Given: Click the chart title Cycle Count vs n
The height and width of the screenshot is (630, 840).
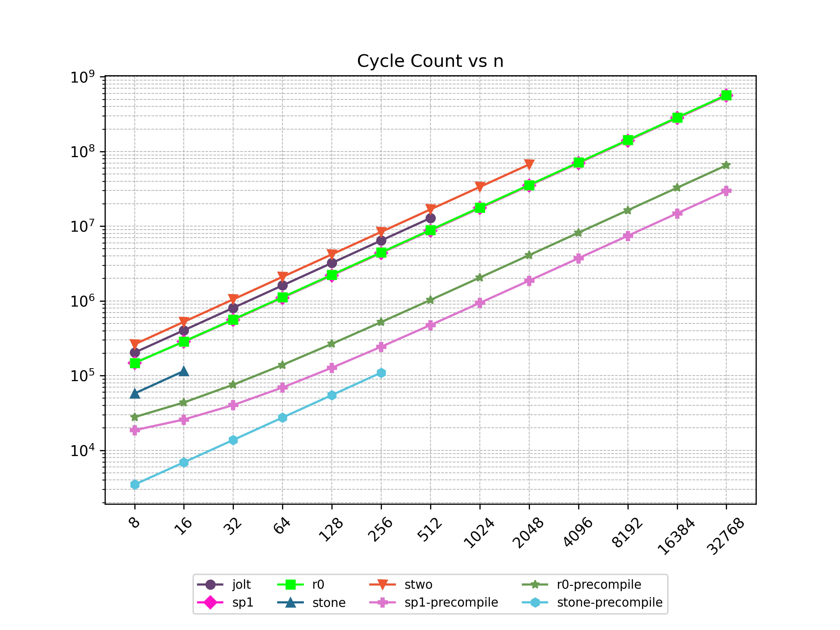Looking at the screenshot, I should click(430, 61).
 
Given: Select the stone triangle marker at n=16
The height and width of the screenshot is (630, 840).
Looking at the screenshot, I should click(184, 371).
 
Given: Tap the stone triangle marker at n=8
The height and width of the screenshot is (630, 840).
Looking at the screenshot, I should click(135, 394).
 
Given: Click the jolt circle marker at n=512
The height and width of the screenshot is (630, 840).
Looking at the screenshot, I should click(430, 218).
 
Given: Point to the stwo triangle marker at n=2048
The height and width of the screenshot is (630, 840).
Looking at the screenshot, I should click(529, 164).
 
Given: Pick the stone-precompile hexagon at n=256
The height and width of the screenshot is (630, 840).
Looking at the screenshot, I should click(381, 373).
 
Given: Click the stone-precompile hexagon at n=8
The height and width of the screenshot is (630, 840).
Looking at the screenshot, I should click(135, 484).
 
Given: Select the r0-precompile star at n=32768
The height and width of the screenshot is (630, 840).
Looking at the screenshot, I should click(726, 165).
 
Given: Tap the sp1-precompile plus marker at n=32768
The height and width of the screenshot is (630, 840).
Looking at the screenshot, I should click(726, 191).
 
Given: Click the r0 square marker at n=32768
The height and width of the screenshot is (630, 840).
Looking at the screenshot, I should click(726, 95).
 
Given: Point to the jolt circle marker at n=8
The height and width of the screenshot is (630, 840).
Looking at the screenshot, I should click(135, 352).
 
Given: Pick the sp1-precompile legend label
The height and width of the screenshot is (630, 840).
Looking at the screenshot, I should click(451, 603).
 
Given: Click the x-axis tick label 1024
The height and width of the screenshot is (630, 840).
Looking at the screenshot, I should click(479, 533).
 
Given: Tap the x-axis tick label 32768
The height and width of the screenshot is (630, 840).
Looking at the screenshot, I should click(725, 536).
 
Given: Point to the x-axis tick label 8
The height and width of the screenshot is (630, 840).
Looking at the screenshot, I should click(135, 523).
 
